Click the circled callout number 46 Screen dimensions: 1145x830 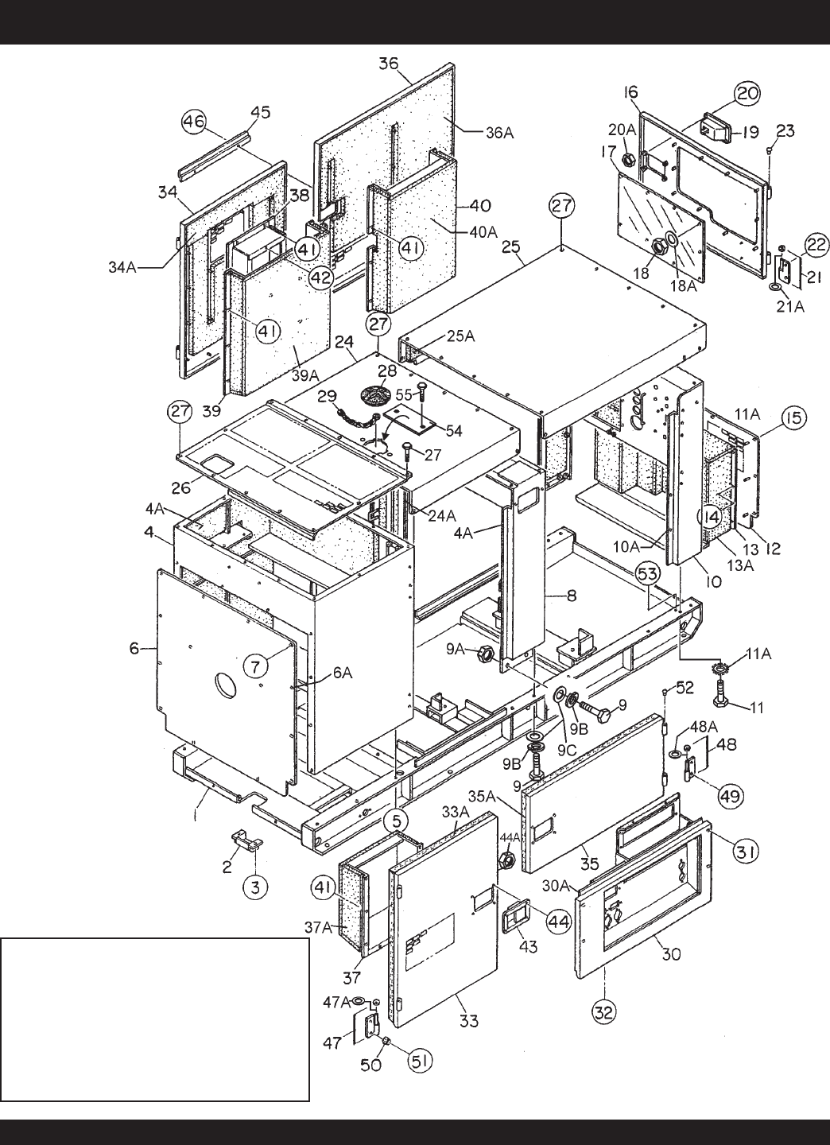pos(194,122)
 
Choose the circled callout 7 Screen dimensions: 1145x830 pos(255,666)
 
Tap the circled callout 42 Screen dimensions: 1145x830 pos(320,279)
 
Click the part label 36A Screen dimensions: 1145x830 pos(499,134)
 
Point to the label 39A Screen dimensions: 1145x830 pos(307,375)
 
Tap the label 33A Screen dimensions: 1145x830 pos(456,813)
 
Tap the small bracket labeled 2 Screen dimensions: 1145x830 pos(242,841)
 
